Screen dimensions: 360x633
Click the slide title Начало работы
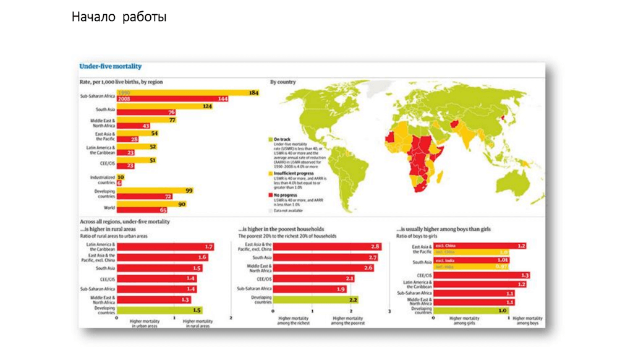(x=119, y=17)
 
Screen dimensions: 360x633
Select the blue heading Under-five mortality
(x=111, y=66)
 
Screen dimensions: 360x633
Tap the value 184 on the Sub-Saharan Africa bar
(x=253, y=93)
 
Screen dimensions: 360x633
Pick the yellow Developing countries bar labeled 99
(x=155, y=191)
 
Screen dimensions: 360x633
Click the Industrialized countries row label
(x=103, y=179)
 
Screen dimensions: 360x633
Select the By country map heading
(x=283, y=82)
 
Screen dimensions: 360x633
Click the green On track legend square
(x=270, y=140)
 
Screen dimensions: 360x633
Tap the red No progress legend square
(x=270, y=195)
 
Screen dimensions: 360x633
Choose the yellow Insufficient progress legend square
(x=270, y=173)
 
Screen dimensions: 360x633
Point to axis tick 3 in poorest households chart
(x=389, y=311)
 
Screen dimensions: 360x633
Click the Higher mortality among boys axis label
(x=527, y=320)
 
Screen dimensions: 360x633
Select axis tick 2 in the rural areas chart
(x=231, y=317)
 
